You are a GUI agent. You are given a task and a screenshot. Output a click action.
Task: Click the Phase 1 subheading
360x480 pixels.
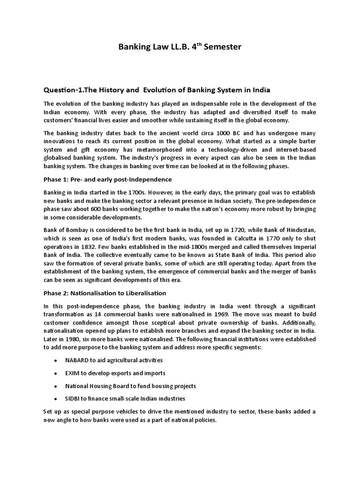(x=107, y=180)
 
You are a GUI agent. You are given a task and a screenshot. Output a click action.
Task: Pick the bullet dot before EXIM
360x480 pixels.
(x=56, y=374)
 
